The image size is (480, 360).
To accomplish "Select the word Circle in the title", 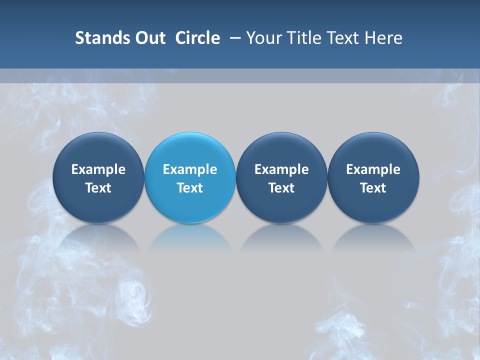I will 197,38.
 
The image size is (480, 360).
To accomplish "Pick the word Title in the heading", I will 304,38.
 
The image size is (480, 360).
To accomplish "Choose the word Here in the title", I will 385,38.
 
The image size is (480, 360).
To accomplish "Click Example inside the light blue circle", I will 190,169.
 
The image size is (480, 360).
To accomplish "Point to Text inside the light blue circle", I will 190,188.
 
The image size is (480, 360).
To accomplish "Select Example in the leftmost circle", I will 98,169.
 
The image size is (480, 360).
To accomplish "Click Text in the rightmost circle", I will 373,188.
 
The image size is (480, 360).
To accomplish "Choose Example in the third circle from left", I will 281,169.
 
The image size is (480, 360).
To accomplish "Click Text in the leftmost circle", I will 98,188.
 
